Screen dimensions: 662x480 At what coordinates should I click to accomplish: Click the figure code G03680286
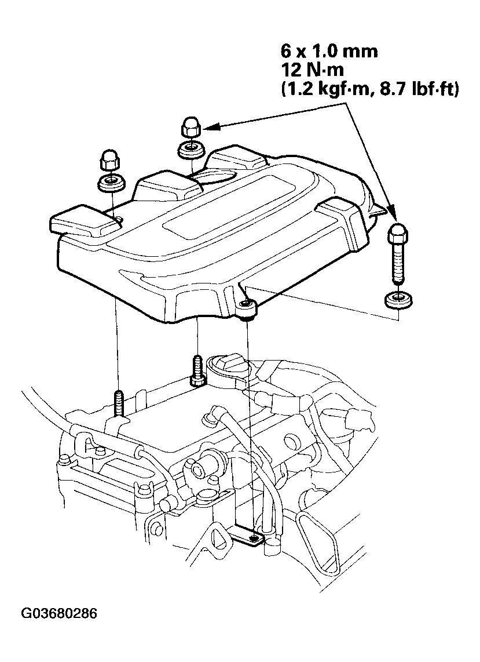click(59, 613)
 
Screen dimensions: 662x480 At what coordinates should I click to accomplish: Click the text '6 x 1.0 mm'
click(328, 52)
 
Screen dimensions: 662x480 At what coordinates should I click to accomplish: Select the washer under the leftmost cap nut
click(110, 182)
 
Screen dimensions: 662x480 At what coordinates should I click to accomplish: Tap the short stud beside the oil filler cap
click(196, 369)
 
